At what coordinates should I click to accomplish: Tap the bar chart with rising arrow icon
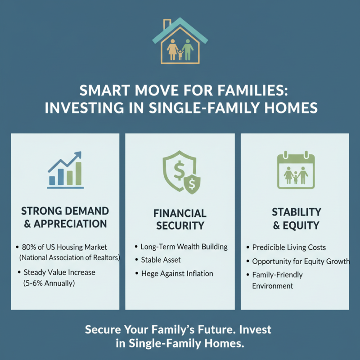(x=65, y=170)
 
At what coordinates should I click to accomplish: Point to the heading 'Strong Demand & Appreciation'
(x=65, y=217)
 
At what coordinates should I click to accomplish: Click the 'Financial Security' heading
(x=180, y=219)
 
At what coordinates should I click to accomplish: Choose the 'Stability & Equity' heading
(x=296, y=218)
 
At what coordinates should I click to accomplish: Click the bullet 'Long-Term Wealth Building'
(x=184, y=247)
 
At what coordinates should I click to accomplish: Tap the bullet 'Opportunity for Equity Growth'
(x=301, y=261)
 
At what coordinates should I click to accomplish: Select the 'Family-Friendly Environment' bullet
(x=277, y=280)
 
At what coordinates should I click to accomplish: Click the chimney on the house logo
(x=167, y=23)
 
